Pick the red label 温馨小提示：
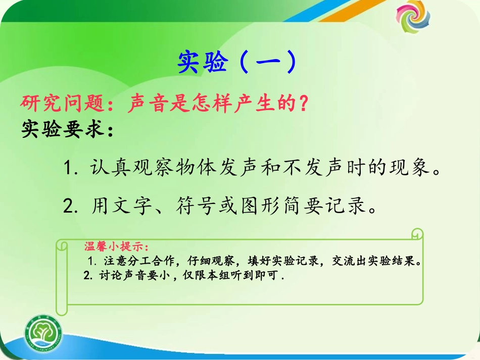(117, 247)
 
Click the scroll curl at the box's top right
(416, 235)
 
